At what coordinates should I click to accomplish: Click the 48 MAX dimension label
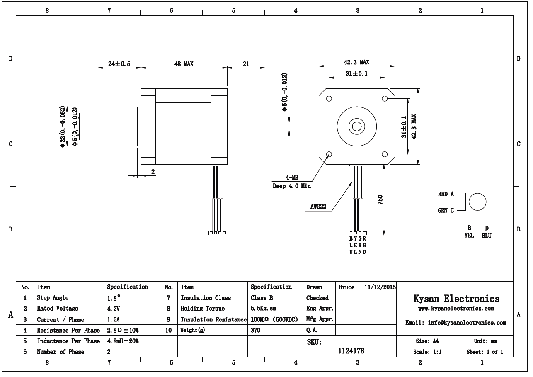(x=184, y=64)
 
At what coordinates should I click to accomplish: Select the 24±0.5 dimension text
(x=119, y=64)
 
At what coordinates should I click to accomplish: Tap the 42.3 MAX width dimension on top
(x=356, y=62)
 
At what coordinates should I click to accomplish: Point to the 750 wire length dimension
(x=380, y=199)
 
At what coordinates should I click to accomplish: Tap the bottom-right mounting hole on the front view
(x=385, y=155)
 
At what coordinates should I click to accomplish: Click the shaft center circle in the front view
(x=356, y=126)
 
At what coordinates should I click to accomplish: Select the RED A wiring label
(x=446, y=194)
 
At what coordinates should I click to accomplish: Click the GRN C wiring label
(x=446, y=210)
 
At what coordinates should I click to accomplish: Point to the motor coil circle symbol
(x=477, y=202)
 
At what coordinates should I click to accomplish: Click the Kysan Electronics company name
(x=456, y=299)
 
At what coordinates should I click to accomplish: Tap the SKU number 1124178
(x=351, y=351)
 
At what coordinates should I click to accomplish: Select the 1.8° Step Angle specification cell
(x=114, y=298)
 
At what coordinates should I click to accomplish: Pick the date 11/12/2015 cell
(x=380, y=287)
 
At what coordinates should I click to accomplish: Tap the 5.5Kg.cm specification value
(x=263, y=309)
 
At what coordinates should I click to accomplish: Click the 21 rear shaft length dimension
(x=246, y=64)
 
